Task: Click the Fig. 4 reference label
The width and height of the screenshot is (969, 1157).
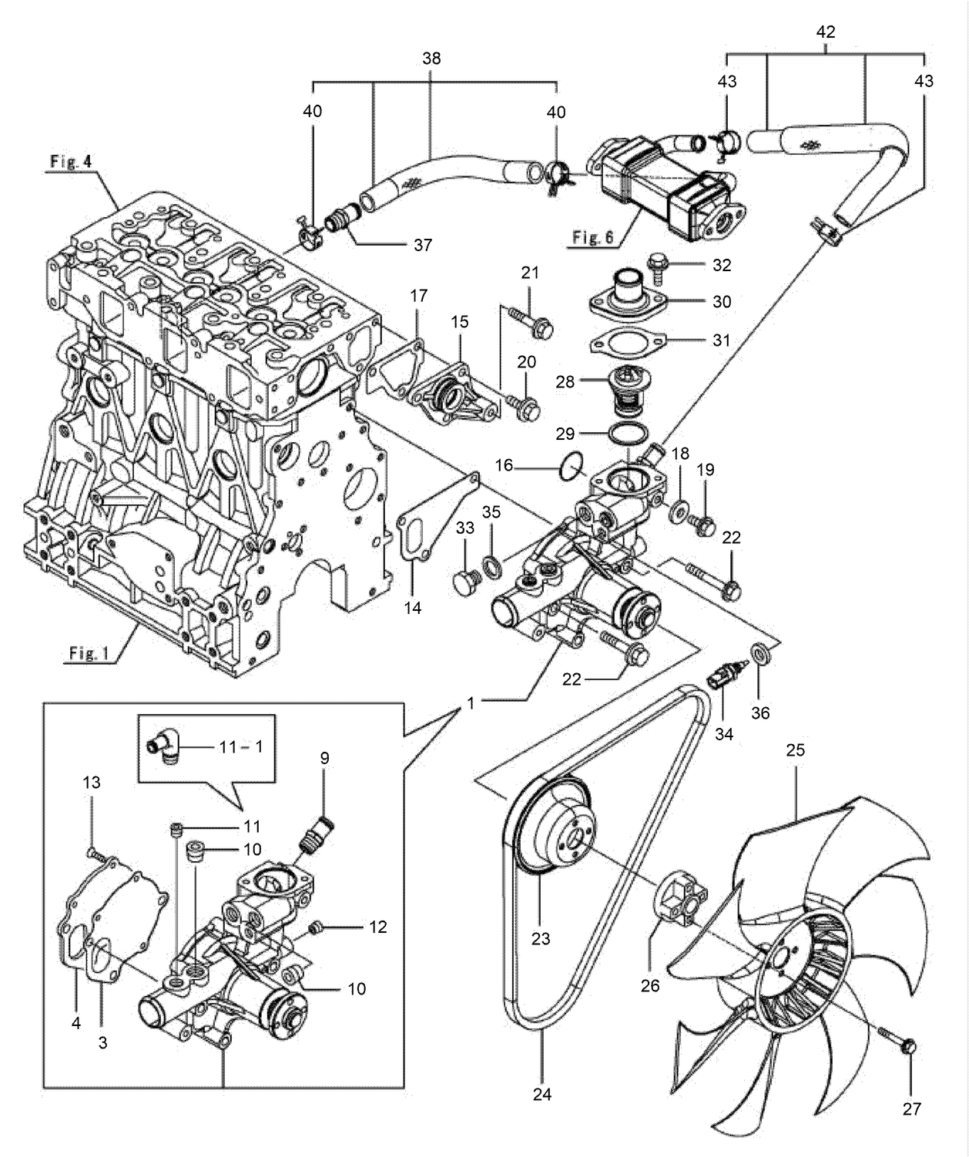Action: pos(71,162)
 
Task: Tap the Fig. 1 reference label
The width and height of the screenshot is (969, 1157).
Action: pos(89,653)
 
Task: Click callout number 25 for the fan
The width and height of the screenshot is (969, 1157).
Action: pos(795,750)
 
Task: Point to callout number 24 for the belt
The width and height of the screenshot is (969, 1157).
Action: pos(542,1094)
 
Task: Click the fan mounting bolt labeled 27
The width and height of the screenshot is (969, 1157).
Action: pos(907,1047)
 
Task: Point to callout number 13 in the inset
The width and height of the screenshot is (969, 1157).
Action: pos(92,783)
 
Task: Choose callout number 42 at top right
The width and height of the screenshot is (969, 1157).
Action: pos(826,32)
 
